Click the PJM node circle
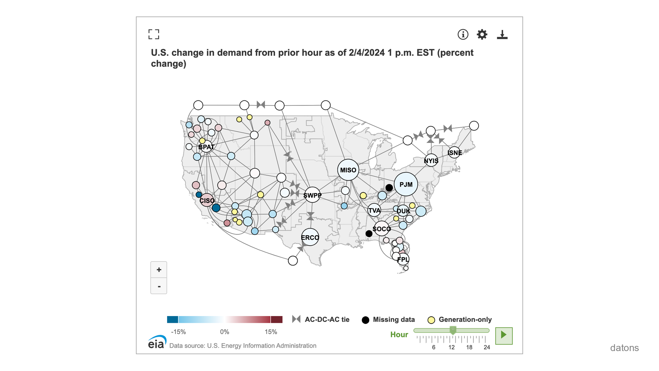[406, 184]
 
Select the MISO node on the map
[348, 170]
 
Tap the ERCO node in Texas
[310, 237]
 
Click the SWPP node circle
[312, 195]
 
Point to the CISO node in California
[207, 200]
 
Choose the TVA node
[374, 210]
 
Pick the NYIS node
[431, 160]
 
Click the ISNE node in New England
[454, 153]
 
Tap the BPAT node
[206, 147]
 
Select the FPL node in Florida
[403, 259]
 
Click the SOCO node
[382, 229]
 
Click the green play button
[504, 335]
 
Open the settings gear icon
[482, 34]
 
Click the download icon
[502, 34]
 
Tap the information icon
[463, 34]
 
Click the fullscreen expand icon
[154, 34]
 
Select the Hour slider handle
[453, 330]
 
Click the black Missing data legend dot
[366, 320]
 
